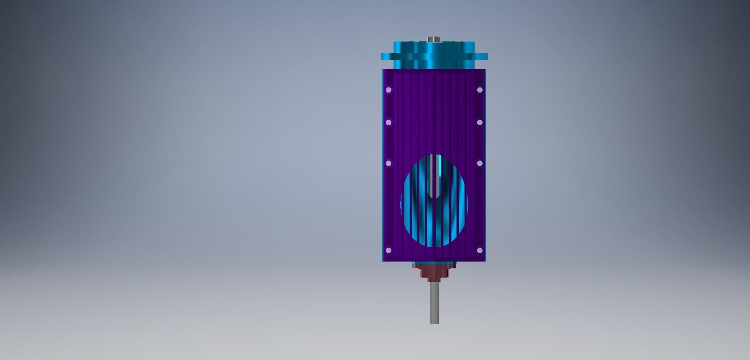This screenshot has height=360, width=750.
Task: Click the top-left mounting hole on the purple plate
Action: pyautogui.click(x=389, y=90)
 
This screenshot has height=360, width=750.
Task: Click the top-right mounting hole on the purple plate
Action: pyautogui.click(x=480, y=90)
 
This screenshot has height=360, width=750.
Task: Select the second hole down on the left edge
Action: pyautogui.click(x=389, y=122)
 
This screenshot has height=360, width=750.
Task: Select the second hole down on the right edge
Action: pyautogui.click(x=480, y=122)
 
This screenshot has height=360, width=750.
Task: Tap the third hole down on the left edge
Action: pyautogui.click(x=389, y=163)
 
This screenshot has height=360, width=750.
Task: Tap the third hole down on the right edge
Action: pyautogui.click(x=480, y=163)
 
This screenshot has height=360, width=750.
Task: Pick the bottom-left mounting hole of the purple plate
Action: pyautogui.click(x=389, y=250)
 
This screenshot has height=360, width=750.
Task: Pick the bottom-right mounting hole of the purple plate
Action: pyautogui.click(x=480, y=250)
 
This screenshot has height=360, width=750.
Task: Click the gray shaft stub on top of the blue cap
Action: pyautogui.click(x=434, y=39)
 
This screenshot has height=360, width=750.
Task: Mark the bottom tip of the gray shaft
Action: pyautogui.click(x=434, y=322)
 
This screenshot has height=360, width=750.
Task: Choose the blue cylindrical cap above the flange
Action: pyautogui.click(x=434, y=47)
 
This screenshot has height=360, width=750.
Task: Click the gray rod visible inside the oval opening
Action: pyautogui.click(x=430, y=169)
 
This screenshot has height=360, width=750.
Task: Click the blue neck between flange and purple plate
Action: pyautogui.click(x=434, y=64)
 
